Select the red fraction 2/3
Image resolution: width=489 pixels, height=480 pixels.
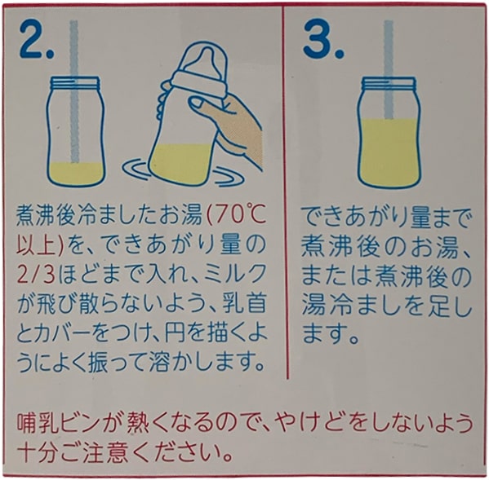36,274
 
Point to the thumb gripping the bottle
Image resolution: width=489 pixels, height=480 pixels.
203,106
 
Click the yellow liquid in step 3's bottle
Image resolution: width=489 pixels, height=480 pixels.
389,152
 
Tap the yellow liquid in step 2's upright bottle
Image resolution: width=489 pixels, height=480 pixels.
75,174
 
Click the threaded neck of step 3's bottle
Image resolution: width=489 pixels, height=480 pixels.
389,83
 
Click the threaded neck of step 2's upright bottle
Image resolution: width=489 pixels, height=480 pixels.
75,82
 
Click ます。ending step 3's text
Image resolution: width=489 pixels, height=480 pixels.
331,333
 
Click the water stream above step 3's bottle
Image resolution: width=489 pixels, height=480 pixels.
389,69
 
